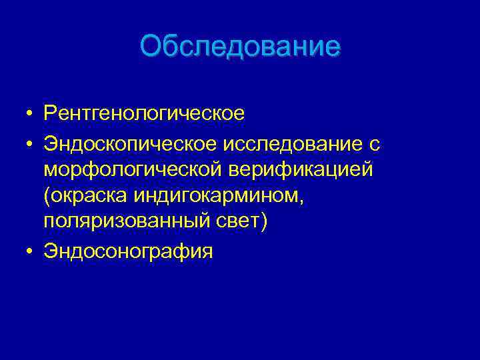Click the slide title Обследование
click(240, 46)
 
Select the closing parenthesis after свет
click(263, 223)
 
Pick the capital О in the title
click(151, 46)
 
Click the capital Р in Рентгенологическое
click(50, 113)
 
